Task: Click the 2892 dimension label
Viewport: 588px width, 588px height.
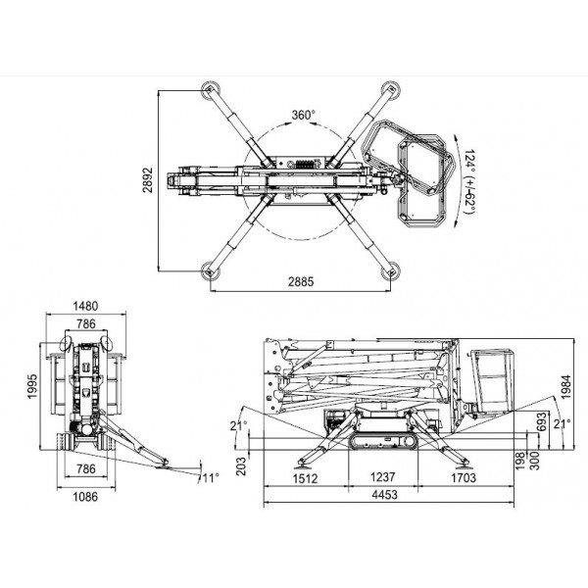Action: click(x=149, y=180)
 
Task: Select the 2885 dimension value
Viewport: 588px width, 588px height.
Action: click(x=301, y=281)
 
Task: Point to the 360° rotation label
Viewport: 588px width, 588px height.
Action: click(x=304, y=115)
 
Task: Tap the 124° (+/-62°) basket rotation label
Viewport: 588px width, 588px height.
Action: click(x=469, y=181)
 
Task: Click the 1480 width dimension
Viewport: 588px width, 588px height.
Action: click(x=85, y=306)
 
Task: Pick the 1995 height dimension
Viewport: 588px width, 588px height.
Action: click(x=32, y=386)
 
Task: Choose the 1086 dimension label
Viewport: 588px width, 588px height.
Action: click(x=85, y=497)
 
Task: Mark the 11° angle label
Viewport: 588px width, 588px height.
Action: click(x=211, y=478)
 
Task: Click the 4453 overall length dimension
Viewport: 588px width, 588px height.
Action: click(x=384, y=495)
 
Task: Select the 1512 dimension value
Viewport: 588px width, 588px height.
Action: click(x=305, y=478)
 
